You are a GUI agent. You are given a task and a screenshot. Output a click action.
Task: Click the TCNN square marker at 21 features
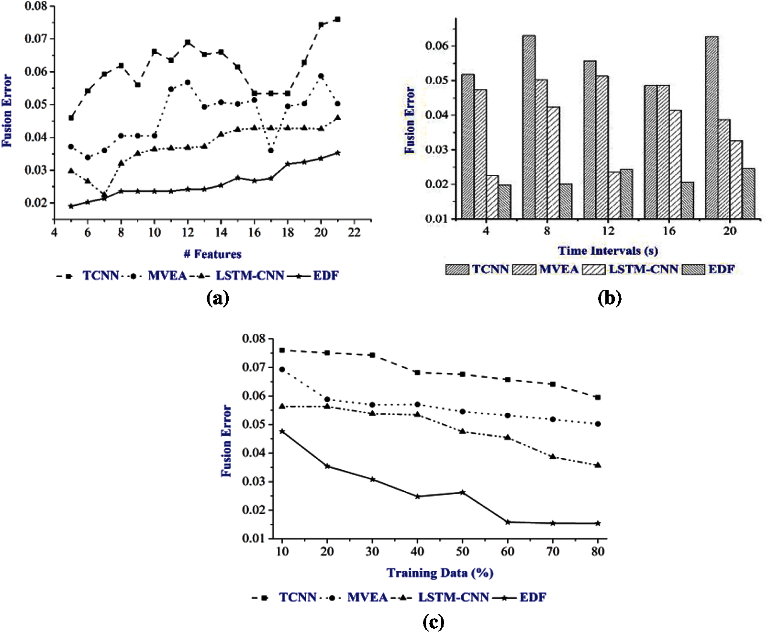pyautogui.click(x=337, y=19)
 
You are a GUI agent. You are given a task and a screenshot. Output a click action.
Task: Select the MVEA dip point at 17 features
pyautogui.click(x=271, y=150)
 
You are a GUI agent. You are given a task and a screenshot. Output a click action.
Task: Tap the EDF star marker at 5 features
pyautogui.click(x=71, y=206)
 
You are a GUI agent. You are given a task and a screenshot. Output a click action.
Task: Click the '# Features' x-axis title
pyautogui.click(x=212, y=254)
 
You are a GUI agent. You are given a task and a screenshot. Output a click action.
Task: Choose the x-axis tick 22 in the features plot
pyautogui.click(x=354, y=233)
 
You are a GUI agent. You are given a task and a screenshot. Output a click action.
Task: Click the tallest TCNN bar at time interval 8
pyautogui.click(x=529, y=127)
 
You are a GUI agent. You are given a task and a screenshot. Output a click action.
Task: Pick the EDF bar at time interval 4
pyautogui.click(x=504, y=202)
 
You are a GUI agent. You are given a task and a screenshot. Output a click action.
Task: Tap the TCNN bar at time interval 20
pyautogui.click(x=712, y=127)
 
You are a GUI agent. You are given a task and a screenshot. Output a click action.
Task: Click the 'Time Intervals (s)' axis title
pyautogui.click(x=608, y=251)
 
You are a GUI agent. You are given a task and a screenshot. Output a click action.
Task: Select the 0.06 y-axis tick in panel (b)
pyautogui.click(x=437, y=46)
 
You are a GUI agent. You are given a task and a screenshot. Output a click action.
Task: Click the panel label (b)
pyautogui.click(x=610, y=299)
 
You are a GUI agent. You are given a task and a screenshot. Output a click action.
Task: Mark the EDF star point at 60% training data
pyautogui.click(x=508, y=522)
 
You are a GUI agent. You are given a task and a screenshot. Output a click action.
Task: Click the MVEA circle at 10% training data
pyautogui.click(x=282, y=370)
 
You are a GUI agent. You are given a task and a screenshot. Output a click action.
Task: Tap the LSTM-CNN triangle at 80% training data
pyautogui.click(x=598, y=465)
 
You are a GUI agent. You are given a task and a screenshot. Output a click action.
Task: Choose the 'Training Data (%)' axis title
pyautogui.click(x=440, y=573)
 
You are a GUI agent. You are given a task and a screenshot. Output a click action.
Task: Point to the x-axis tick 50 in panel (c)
pyautogui.click(x=462, y=552)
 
